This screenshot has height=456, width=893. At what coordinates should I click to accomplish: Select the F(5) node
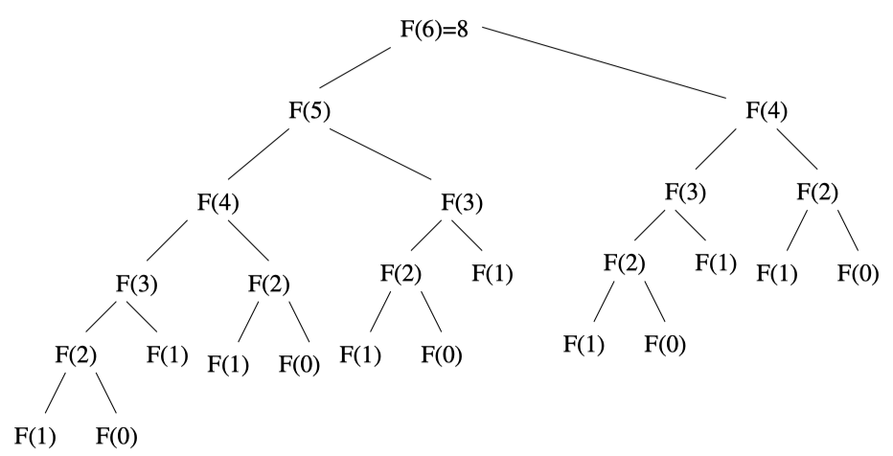309,109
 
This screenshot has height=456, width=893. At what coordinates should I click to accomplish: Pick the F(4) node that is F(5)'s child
218,203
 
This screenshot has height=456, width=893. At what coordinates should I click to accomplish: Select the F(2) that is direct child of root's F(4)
817,190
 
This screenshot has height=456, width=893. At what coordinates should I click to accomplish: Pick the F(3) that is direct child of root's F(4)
686,190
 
